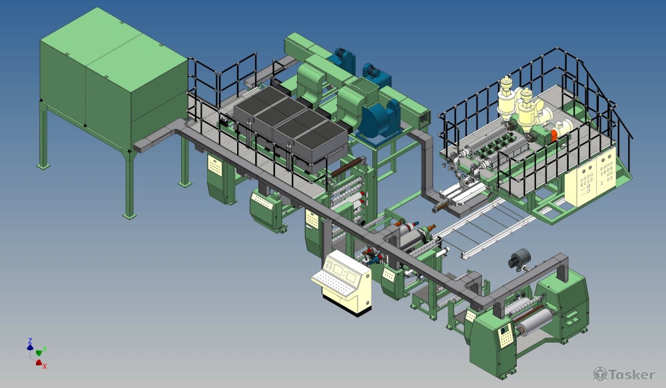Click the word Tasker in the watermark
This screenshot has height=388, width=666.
click(x=631, y=375)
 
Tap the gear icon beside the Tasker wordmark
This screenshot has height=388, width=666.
click(x=600, y=374)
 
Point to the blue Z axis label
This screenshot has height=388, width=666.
click(x=30, y=341)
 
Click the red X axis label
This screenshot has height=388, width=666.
click(x=45, y=366)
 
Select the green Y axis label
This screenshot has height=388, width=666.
click(x=45, y=349)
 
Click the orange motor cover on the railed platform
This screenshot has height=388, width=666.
click(x=554, y=135)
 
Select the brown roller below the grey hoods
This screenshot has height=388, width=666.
click(x=348, y=167)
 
